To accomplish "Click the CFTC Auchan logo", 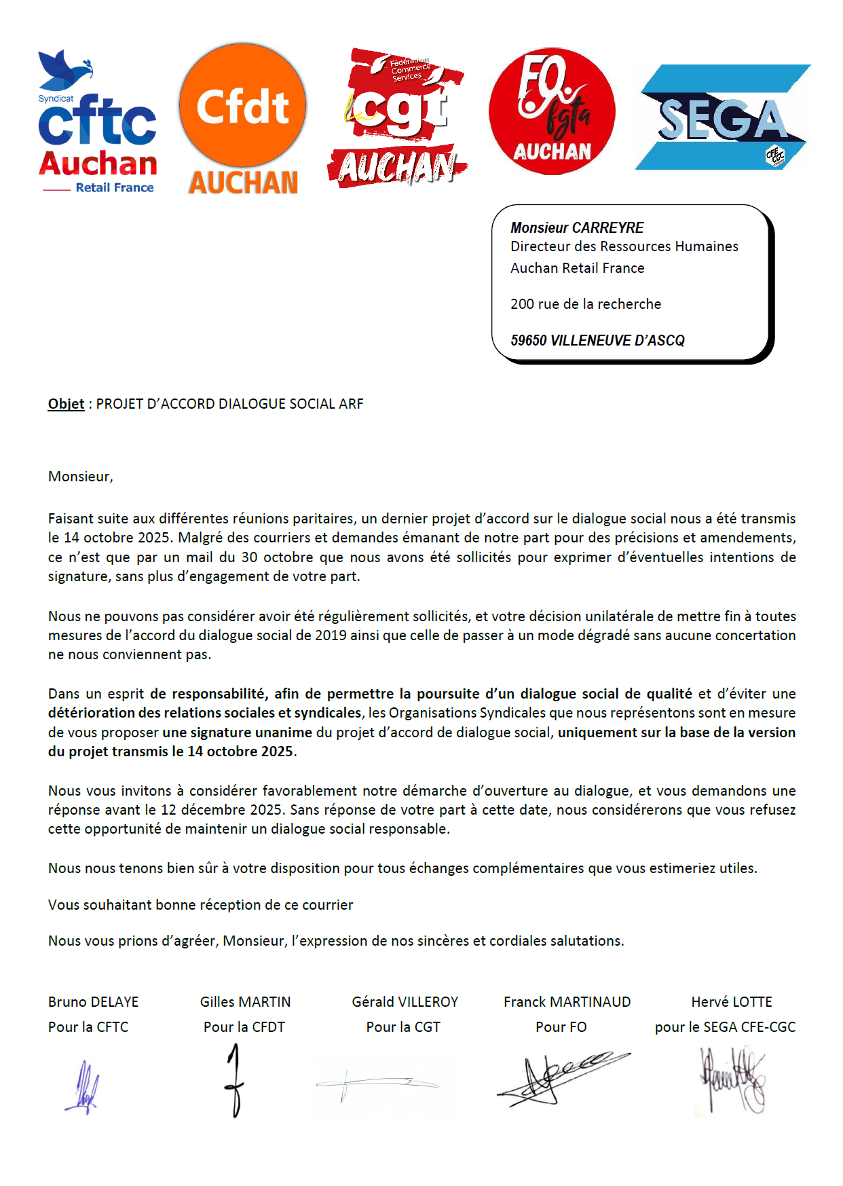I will tap(97, 122).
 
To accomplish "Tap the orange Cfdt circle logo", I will tap(242, 106).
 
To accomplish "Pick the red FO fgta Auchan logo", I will tap(552, 111).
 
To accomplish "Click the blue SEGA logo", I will tap(722, 117).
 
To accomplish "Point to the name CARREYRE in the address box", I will tap(608, 227).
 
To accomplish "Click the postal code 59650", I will tap(528, 340).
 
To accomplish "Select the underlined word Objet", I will tap(66, 404).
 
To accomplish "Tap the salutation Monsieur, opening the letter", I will tap(80, 477).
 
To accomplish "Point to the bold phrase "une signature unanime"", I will tap(237, 733).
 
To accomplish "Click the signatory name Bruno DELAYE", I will tap(93, 1002).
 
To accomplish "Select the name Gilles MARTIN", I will tap(245, 1002).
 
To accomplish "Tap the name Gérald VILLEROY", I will tap(405, 1002).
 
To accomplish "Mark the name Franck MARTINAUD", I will tap(567, 1002).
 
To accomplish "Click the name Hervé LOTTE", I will tap(732, 1002).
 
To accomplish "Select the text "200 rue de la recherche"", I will tap(586, 304).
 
